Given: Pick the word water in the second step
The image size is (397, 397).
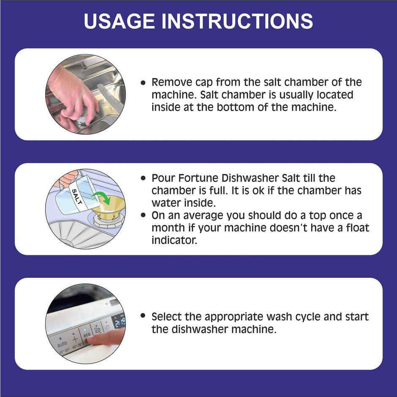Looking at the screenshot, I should [168, 203].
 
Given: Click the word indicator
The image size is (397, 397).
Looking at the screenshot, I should [174, 240].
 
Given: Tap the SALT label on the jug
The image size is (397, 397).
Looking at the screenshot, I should [76, 196].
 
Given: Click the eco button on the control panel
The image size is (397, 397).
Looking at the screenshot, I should [87, 334].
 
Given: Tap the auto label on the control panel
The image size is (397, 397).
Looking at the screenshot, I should [62, 345].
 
